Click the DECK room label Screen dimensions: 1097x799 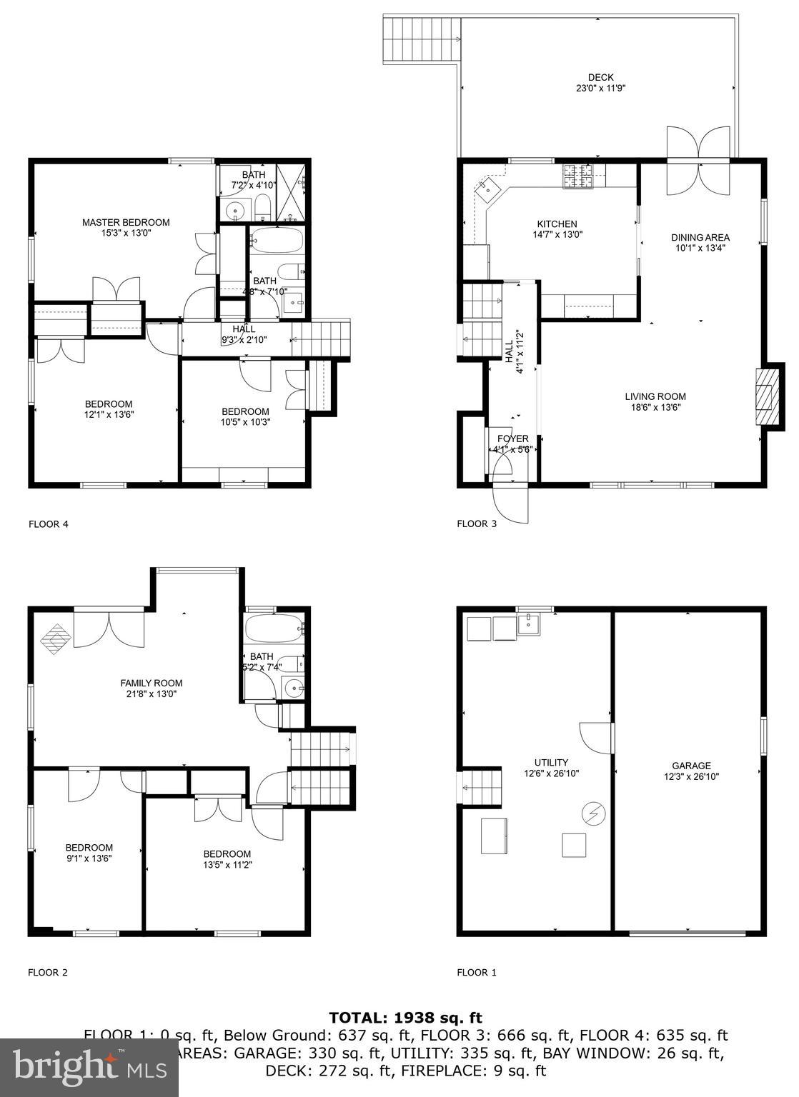pyautogui.click(x=600, y=78)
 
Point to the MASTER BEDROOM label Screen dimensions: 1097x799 pyautogui.click(x=126, y=222)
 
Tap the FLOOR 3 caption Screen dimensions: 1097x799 pyautogui.click(x=476, y=524)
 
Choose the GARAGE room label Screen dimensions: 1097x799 pyautogui.click(x=691, y=766)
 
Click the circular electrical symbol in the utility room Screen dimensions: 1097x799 pyautogui.click(x=594, y=813)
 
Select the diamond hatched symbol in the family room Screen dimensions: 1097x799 pyautogui.click(x=56, y=638)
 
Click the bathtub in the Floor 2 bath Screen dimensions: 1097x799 pyautogui.click(x=274, y=629)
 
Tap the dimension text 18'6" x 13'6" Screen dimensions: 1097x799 pyautogui.click(x=655, y=408)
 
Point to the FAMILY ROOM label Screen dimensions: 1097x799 pyautogui.click(x=151, y=683)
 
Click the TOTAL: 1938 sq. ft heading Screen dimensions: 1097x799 pyautogui.click(x=405, y=1017)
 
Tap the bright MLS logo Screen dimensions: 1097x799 pyautogui.click(x=89, y=1068)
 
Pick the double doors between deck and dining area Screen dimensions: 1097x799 pyautogui.click(x=698, y=161)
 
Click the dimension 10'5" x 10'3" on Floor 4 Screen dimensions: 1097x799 pyautogui.click(x=245, y=422)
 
